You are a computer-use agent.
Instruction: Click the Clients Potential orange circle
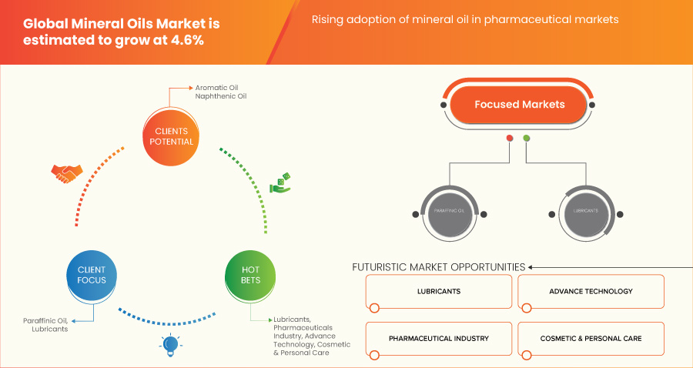(x=169, y=136)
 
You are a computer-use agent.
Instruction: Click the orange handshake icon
(x=65, y=174)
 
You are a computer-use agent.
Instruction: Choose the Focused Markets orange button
(x=519, y=105)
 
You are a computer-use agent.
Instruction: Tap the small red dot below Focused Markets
(x=509, y=139)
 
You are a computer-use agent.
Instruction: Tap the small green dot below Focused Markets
(x=527, y=139)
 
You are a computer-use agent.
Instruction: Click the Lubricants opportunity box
(x=439, y=292)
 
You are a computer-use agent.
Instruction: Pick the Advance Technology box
(x=591, y=292)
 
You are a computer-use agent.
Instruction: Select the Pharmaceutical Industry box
(x=439, y=338)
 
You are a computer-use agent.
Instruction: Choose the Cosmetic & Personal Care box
(x=591, y=338)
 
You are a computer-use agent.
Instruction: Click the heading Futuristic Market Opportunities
(x=438, y=267)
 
